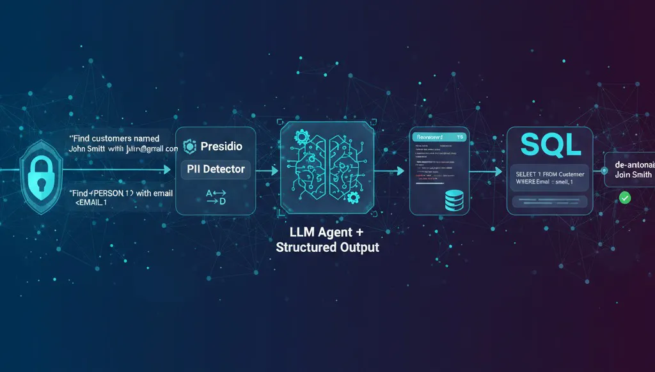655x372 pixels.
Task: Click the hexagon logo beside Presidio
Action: [189, 147]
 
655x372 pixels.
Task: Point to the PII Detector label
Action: [216, 169]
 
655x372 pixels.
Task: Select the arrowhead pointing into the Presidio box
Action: [168, 170]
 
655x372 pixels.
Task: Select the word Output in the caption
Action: [357, 247]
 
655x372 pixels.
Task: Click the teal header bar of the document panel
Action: [439, 137]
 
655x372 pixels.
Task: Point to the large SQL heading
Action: [551, 144]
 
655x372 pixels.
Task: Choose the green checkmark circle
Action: [625, 199]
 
